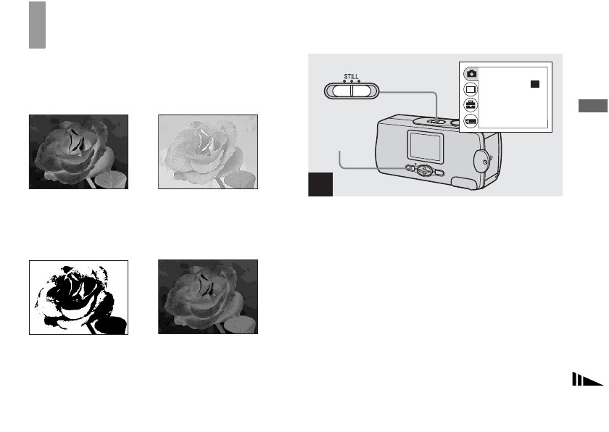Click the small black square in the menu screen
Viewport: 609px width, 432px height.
pyautogui.click(x=534, y=84)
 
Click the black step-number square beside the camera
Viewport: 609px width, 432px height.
pyautogui.click(x=320, y=184)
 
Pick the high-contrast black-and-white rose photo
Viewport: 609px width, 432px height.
pyautogui.click(x=78, y=297)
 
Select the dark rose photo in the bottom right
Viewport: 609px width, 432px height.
pyautogui.click(x=208, y=297)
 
